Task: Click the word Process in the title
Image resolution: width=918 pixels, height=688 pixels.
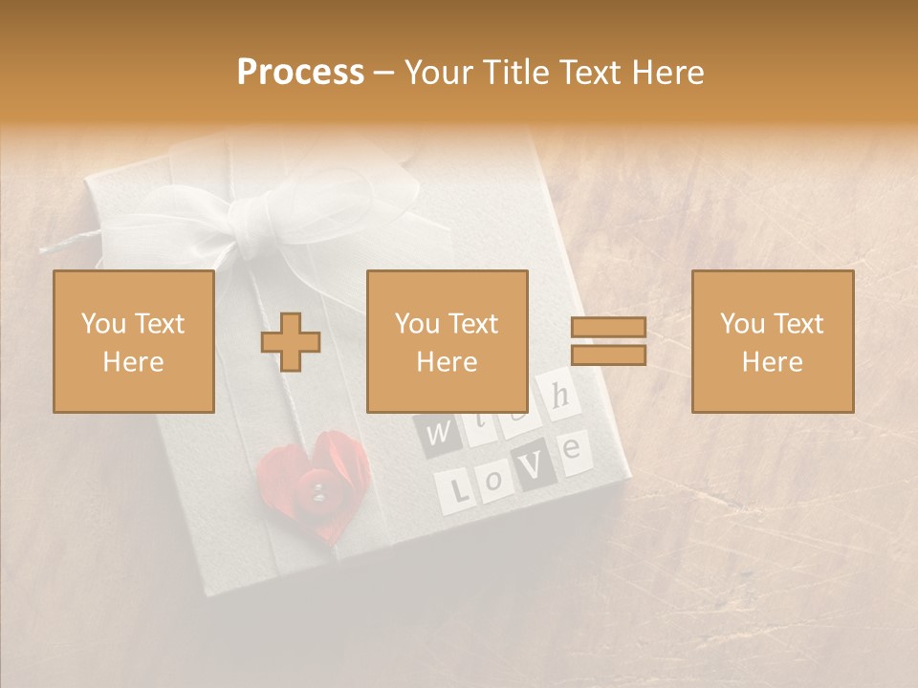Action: pos(300,73)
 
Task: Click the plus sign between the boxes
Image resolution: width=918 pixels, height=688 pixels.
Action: pos(291,342)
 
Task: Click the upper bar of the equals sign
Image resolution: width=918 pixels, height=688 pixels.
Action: pos(608,328)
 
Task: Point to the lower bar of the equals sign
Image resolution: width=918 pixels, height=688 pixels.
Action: pos(608,355)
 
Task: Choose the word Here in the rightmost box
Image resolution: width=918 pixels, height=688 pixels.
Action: pos(773,362)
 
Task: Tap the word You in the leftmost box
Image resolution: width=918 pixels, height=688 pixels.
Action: pos(103,324)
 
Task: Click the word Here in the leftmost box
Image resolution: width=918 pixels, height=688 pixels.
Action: pos(133,362)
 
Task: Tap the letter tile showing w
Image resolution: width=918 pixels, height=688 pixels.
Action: pos(435,434)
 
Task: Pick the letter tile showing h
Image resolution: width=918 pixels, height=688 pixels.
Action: pos(561,394)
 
